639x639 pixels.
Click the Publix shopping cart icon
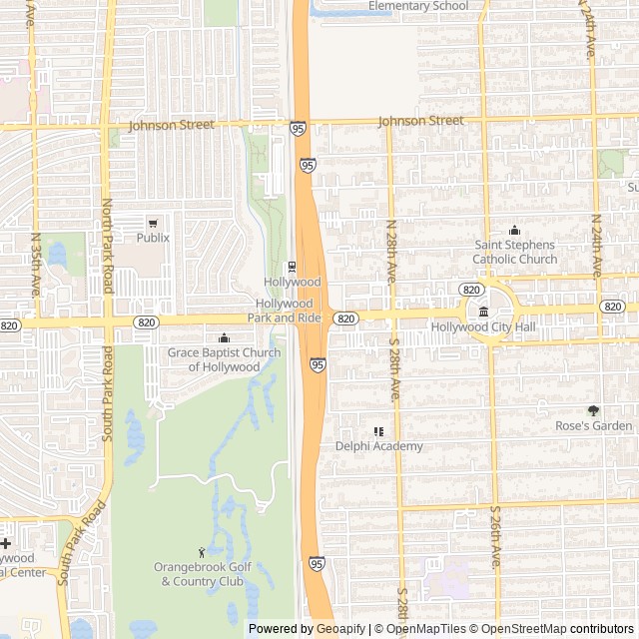[153, 223]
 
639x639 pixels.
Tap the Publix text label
[153, 238]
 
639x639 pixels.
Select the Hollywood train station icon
[292, 267]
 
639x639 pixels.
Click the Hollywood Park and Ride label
[289, 310]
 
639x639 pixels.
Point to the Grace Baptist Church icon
[224, 337]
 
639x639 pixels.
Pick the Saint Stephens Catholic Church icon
[515, 231]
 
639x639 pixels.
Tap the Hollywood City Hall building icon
[484, 313]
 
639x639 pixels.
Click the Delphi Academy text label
[378, 446]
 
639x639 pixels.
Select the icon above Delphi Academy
[378, 431]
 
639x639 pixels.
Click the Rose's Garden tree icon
[594, 410]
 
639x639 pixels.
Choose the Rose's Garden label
[594, 426]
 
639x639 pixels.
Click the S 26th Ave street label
[495, 537]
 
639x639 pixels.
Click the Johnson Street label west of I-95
[172, 125]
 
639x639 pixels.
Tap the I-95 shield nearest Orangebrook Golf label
[316, 564]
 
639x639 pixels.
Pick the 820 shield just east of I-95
[345, 319]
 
